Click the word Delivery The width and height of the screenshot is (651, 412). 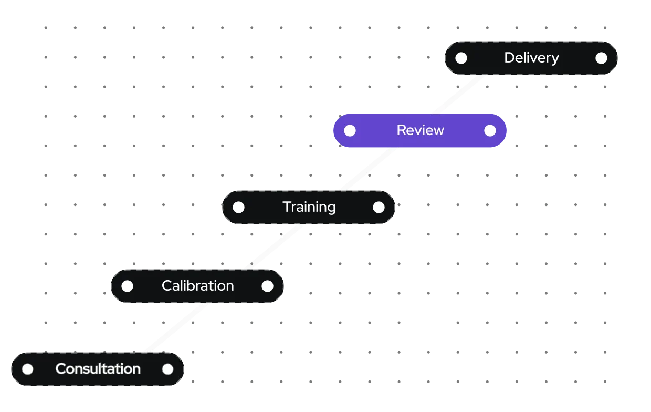coord(531,58)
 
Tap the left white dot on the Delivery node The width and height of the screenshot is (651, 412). coord(461,58)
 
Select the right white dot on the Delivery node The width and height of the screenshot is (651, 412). coord(601,58)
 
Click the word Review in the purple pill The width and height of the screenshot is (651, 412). coord(420,130)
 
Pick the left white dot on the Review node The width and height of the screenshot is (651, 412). coord(350,130)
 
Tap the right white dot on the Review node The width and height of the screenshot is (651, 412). coord(490,130)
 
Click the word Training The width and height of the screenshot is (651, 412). coord(309,207)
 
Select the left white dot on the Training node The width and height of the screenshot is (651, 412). coord(238,207)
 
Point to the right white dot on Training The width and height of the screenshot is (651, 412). coord(379,207)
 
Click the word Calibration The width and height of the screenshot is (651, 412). coord(197,286)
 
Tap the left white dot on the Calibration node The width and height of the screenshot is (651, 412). coord(127,286)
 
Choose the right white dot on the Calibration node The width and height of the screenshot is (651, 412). coord(267,286)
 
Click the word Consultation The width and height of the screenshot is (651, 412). coord(98,369)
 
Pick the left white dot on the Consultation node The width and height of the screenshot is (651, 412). coord(27,369)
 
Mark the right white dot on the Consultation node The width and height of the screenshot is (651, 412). coord(167,369)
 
